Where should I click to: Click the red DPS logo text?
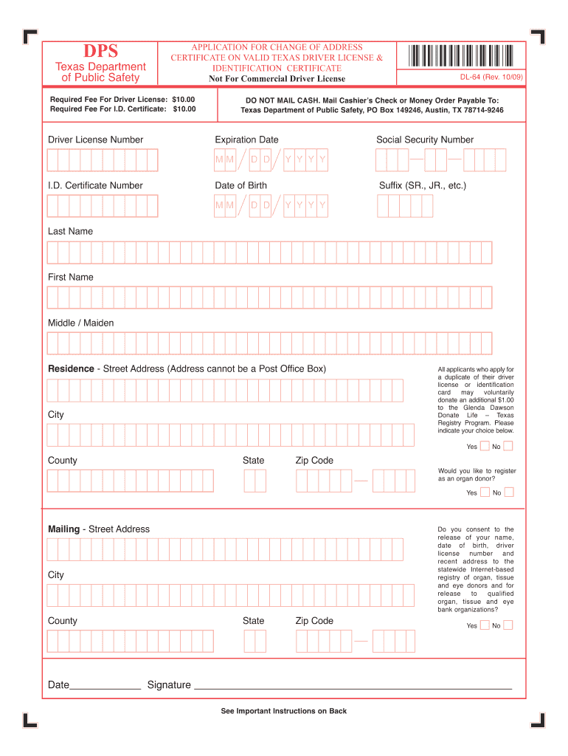point(100,51)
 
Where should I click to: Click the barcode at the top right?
point(459,56)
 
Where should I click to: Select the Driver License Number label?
point(96,140)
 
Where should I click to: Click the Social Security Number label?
point(425,140)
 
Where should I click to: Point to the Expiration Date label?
point(246,140)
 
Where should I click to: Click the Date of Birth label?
point(240,185)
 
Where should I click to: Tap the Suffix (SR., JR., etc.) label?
point(422,185)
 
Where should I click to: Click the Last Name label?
point(71,231)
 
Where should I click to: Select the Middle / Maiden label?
point(81,323)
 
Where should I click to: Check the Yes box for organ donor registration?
point(485,492)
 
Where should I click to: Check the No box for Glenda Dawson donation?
point(508,446)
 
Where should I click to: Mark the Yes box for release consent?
point(485,625)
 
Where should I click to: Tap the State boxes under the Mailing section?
point(254,641)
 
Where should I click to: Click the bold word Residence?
point(71,368)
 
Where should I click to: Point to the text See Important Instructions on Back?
point(283,711)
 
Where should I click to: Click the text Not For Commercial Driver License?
point(277,79)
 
